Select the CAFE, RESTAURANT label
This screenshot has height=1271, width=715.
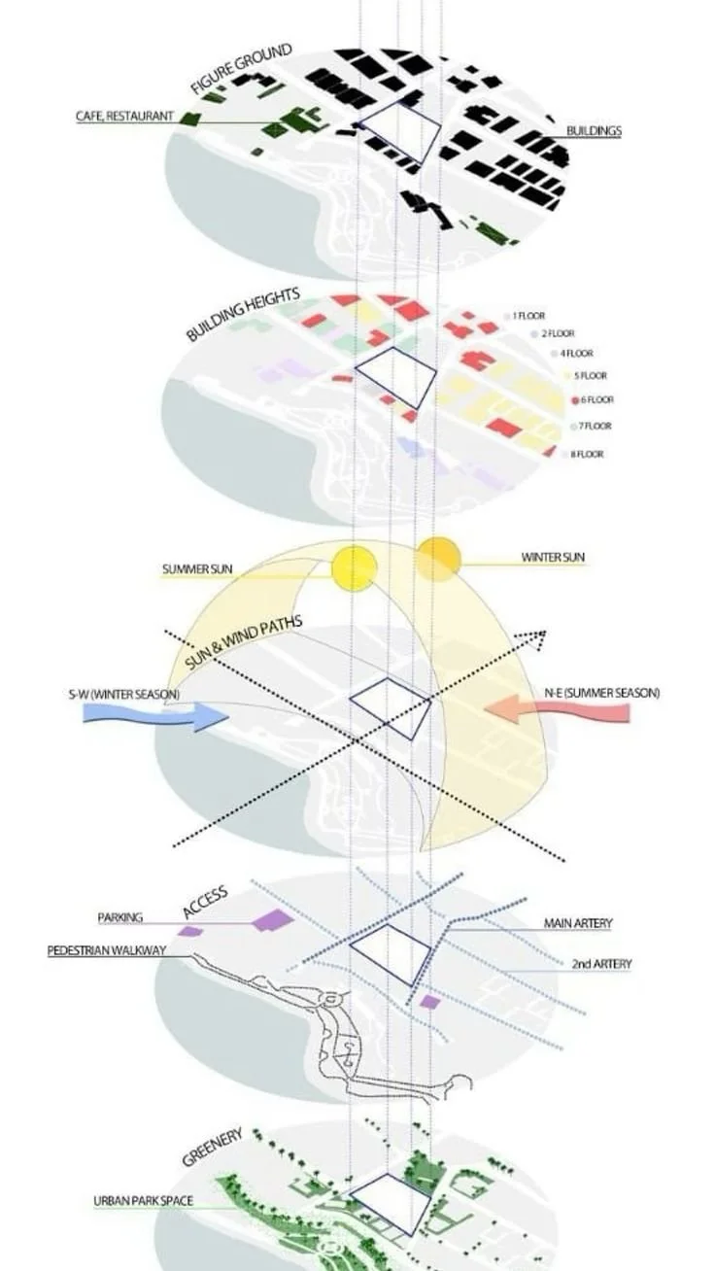click(125, 117)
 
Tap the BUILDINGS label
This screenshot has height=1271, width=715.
click(594, 130)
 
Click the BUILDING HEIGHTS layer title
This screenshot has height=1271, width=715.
click(242, 314)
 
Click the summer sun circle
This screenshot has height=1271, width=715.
click(354, 568)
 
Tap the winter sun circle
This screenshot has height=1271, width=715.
click(438, 559)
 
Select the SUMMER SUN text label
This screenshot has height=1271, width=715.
click(197, 568)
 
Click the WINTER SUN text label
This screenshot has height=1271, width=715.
click(553, 558)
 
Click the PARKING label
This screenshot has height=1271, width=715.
click(120, 917)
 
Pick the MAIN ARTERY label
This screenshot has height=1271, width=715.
click(578, 923)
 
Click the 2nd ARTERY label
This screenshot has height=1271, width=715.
click(600, 964)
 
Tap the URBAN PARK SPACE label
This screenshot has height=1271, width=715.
click(143, 1201)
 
